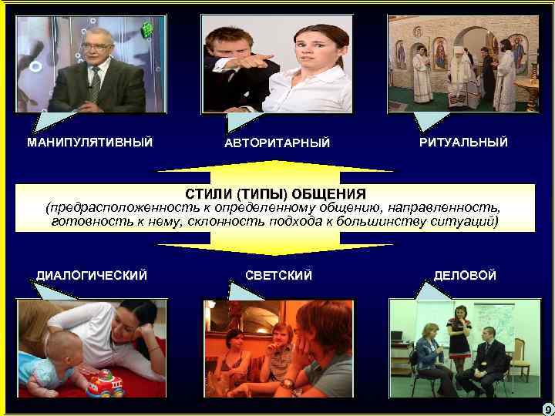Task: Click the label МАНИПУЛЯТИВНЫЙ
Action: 89,142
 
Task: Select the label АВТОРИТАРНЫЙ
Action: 277,143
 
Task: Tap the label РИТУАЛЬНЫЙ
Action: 463,143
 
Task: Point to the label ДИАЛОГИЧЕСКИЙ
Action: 92,275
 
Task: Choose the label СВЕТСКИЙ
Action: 278,275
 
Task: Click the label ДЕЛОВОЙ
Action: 465,275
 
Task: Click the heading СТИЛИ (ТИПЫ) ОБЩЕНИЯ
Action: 276,193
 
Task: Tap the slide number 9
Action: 546,407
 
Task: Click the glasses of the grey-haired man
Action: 99,47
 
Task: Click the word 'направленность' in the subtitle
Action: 440,208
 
